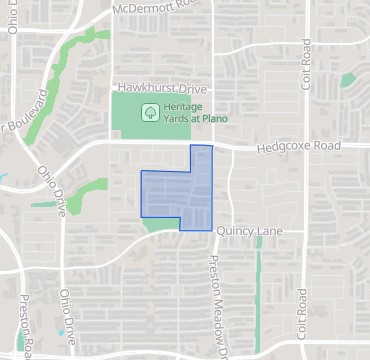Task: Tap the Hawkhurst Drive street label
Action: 153,89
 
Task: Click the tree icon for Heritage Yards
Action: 149,112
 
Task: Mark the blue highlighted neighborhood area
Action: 178,191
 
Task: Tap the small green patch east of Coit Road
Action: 348,79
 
